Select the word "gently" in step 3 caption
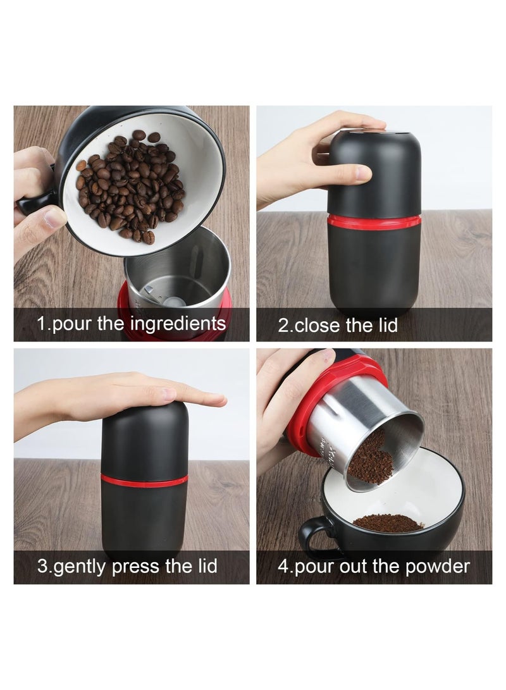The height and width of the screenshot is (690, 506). click(81, 565)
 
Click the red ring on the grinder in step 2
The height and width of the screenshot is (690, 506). click(375, 221)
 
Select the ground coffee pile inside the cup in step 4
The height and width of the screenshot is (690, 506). click(388, 522)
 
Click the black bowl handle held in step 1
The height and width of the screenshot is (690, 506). click(32, 204)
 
